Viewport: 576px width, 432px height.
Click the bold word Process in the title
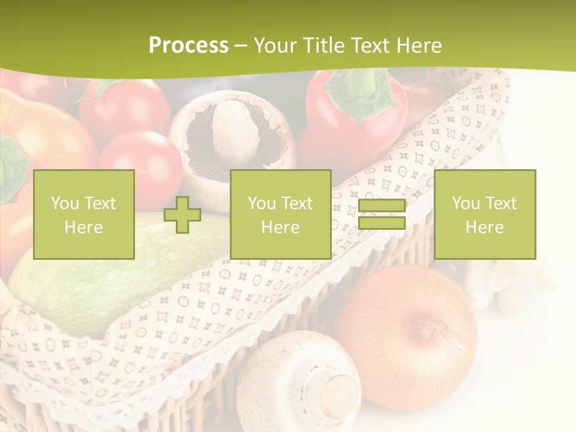(188, 46)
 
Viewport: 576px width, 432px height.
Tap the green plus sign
(182, 215)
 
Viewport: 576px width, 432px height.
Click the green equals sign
(382, 215)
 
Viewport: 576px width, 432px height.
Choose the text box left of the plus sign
(83, 215)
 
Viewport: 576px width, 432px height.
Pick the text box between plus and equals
(280, 215)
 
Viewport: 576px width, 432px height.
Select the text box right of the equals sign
(484, 215)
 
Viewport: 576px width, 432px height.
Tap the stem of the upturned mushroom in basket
(234, 129)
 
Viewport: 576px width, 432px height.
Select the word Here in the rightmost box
(484, 227)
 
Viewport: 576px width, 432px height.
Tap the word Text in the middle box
(297, 203)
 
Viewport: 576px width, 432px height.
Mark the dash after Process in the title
(241, 46)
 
